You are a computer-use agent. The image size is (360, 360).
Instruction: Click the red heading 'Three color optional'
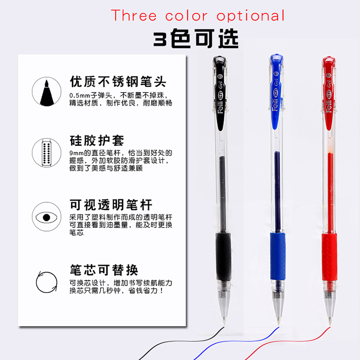point(198,15)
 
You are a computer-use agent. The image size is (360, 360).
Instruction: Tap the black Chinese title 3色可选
point(196,38)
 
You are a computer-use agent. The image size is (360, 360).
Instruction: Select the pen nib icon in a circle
point(46,92)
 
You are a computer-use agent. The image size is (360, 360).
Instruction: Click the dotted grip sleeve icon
point(46,153)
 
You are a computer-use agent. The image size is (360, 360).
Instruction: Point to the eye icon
point(46,217)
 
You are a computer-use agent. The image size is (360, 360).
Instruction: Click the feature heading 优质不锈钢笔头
point(118,82)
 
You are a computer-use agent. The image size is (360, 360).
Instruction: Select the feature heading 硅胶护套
point(97,140)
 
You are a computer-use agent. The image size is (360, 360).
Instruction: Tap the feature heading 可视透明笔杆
point(111,205)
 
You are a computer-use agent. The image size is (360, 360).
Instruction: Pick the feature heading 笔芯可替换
point(104,270)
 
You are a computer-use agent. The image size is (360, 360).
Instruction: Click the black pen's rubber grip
point(223,256)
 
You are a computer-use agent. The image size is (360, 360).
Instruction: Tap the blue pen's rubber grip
point(278,256)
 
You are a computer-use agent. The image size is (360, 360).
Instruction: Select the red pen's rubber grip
point(329,257)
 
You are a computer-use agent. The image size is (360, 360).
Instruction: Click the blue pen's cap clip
point(276,92)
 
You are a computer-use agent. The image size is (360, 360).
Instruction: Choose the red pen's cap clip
point(329,93)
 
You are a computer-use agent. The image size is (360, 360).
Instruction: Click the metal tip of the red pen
point(330,321)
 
